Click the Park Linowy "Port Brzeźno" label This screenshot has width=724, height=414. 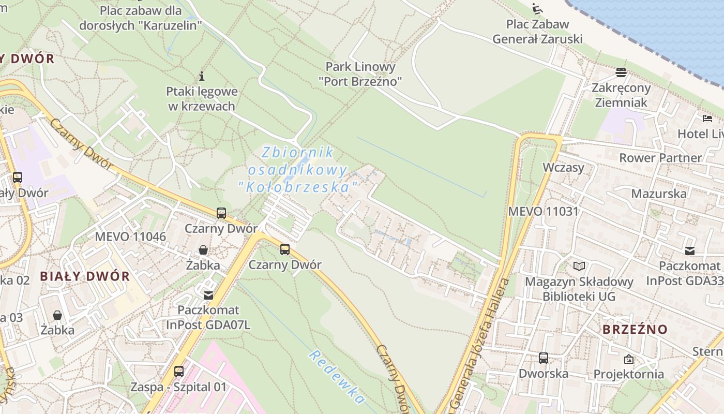(360, 74)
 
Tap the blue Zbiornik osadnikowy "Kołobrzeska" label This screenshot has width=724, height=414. (298, 170)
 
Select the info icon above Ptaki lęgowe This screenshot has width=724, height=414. (202, 77)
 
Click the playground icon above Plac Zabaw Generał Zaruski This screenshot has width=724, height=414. (537, 9)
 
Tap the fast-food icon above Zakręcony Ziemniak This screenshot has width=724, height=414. (621, 72)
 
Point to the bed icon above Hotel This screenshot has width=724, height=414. (707, 119)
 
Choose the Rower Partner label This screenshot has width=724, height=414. (660, 158)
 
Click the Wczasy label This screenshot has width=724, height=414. (563, 168)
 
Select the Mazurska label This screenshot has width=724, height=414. (659, 194)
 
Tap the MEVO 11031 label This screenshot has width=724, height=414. (543, 211)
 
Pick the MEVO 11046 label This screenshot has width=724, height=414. (130, 237)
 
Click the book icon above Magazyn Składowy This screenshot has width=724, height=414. (579, 266)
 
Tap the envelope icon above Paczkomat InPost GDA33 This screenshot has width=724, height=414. (690, 251)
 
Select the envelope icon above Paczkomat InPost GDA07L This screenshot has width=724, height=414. (208, 295)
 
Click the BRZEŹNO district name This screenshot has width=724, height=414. (635, 329)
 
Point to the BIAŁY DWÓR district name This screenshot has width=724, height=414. (85, 276)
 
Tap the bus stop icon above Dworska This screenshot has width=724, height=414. (544, 358)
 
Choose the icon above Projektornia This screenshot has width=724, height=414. (629, 359)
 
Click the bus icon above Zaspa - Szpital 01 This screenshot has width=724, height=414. (178, 371)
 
